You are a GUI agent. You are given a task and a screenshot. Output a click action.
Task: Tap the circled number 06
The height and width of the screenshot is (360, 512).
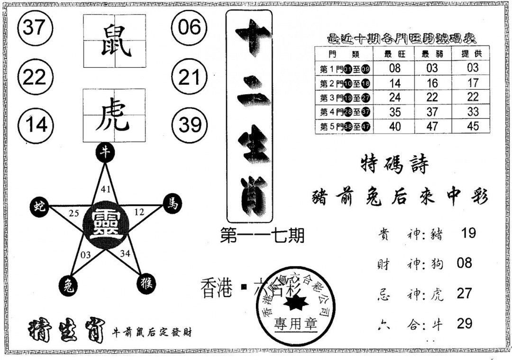point(189,27)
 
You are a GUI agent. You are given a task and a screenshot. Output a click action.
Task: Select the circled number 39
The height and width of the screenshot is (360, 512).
point(190,125)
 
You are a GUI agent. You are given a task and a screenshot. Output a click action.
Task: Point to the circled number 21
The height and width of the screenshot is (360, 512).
point(189,76)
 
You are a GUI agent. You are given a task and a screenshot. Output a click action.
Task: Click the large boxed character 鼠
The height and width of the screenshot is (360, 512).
point(114,41)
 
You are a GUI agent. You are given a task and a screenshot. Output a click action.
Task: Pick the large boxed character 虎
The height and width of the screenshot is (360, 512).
point(114,116)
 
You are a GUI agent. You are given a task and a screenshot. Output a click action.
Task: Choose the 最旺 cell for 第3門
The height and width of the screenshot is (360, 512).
point(394,97)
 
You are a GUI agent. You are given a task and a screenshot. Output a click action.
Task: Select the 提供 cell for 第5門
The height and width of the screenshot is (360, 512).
point(472,126)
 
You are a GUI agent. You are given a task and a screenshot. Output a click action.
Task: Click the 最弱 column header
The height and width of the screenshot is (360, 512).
point(432,54)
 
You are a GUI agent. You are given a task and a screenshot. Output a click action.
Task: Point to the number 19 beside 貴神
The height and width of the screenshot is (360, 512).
point(468,233)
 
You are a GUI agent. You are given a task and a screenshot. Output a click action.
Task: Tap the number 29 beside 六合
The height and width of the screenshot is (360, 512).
point(464,324)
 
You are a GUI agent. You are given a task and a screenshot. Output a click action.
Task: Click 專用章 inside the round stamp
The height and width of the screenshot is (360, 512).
point(295,324)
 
